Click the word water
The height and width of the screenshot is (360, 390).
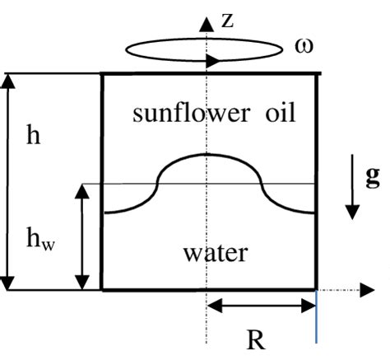tap(212, 251)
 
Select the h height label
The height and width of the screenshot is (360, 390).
tap(33, 136)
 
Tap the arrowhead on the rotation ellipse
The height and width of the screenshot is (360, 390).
tap(214, 60)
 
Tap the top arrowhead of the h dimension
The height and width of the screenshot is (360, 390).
tap(10, 81)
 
